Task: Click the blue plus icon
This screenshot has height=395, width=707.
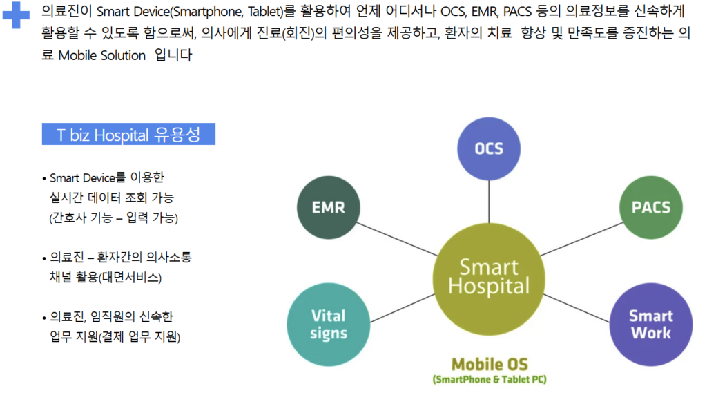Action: tap(16, 15)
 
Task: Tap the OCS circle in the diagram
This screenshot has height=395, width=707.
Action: tap(489, 148)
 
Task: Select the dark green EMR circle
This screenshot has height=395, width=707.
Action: tap(328, 207)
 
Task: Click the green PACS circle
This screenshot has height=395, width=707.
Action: tap(650, 207)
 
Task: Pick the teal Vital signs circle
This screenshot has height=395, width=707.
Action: tap(328, 324)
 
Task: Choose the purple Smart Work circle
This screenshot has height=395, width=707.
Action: tap(650, 324)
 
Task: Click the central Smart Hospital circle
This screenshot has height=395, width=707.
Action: tap(489, 279)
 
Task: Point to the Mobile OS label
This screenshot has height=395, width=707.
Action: tap(490, 365)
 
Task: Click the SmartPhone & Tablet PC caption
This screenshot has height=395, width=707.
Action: tap(490, 380)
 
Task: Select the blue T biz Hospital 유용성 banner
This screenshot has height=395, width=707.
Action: tap(128, 134)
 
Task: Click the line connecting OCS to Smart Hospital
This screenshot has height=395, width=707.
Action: tap(489, 202)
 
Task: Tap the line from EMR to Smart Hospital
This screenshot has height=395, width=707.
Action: tap(397, 239)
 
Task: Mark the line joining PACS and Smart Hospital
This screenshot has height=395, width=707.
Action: tap(581, 239)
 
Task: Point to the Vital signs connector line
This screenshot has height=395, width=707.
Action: tap(403, 308)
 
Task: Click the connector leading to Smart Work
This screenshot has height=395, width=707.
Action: tap(577, 308)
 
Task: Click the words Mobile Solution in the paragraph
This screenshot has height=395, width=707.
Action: tap(102, 55)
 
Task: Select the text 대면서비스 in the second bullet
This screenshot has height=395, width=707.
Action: tap(130, 278)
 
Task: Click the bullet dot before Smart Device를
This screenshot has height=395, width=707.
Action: tap(44, 179)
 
